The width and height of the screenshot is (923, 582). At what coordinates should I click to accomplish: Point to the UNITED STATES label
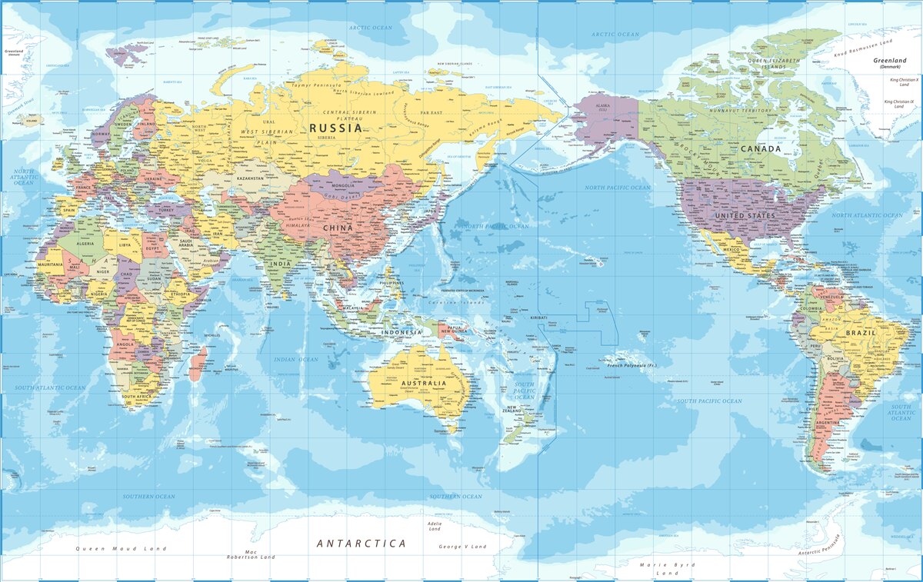pyautogui.click(x=745, y=216)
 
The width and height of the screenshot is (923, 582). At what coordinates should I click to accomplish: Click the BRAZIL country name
pyautogui.click(x=861, y=333)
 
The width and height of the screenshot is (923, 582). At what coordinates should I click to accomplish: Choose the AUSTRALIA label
pyautogui.click(x=418, y=383)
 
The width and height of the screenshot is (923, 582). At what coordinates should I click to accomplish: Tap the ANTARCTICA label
pyautogui.click(x=362, y=544)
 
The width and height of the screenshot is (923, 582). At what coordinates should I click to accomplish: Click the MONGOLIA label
pyautogui.click(x=342, y=185)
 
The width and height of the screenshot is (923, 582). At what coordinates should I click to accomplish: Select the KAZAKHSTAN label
pyautogui.click(x=251, y=178)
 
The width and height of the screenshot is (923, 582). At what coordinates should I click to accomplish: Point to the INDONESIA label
pyautogui.click(x=402, y=332)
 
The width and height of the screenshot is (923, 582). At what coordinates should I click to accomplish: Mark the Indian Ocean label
pyautogui.click(x=296, y=359)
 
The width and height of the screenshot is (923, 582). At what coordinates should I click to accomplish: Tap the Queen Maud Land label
pyautogui.click(x=121, y=549)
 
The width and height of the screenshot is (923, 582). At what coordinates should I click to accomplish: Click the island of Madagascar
pyautogui.click(x=198, y=363)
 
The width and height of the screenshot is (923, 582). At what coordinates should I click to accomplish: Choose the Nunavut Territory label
pyautogui.click(x=738, y=111)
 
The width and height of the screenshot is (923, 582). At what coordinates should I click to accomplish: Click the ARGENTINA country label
pyautogui.click(x=828, y=423)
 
